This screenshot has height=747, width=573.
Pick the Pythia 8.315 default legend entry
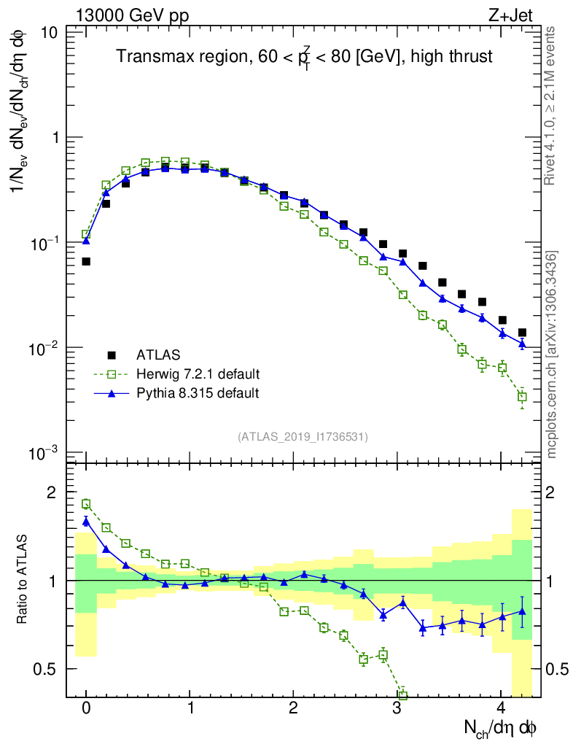(198, 393)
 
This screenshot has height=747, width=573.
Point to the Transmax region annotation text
(305, 57)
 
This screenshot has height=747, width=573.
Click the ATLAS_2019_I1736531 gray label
(303, 437)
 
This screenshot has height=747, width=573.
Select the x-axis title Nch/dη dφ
(502, 727)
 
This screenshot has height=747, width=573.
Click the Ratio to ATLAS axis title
(24, 580)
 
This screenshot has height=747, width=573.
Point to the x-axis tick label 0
(86, 708)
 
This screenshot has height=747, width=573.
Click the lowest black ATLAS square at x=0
(86, 261)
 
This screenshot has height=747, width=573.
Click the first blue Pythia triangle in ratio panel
(86, 521)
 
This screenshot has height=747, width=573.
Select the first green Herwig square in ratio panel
(86, 503)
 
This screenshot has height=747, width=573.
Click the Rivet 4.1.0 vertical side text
(551, 106)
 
